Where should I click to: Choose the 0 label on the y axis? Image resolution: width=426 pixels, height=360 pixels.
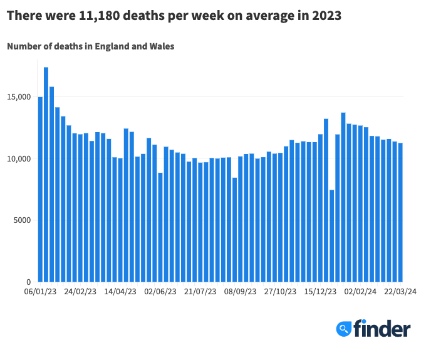(28, 282)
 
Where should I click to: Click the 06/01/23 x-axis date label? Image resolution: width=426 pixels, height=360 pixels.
(40, 292)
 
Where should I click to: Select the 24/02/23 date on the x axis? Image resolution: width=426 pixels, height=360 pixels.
(80, 292)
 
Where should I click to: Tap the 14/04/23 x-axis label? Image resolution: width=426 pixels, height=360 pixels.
(120, 292)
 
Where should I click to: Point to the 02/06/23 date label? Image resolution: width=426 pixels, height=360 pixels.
(160, 292)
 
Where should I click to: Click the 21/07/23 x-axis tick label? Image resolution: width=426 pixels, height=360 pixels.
(200, 292)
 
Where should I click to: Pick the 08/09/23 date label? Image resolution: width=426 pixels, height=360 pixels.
(241, 292)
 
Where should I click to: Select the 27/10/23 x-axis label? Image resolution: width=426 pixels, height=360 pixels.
(281, 292)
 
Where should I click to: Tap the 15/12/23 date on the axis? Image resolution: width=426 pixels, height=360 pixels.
(321, 292)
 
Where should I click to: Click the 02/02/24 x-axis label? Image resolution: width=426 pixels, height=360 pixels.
(361, 292)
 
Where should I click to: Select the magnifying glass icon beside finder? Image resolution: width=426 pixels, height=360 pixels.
(343, 329)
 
